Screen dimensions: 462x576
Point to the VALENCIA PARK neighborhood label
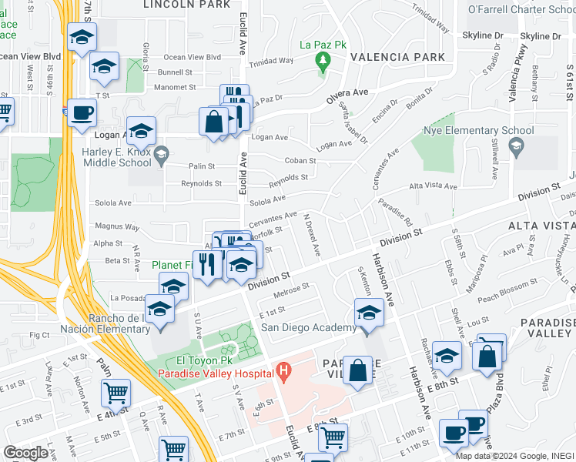pos(397,57)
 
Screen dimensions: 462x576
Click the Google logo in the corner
pos(26,453)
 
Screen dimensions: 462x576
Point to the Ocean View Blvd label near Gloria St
pos(193,57)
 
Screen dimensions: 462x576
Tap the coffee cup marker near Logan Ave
pos(82,112)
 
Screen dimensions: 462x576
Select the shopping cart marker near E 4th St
pos(116,393)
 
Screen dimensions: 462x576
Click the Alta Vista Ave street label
pos(433,186)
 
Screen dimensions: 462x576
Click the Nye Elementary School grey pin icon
pos(514,146)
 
